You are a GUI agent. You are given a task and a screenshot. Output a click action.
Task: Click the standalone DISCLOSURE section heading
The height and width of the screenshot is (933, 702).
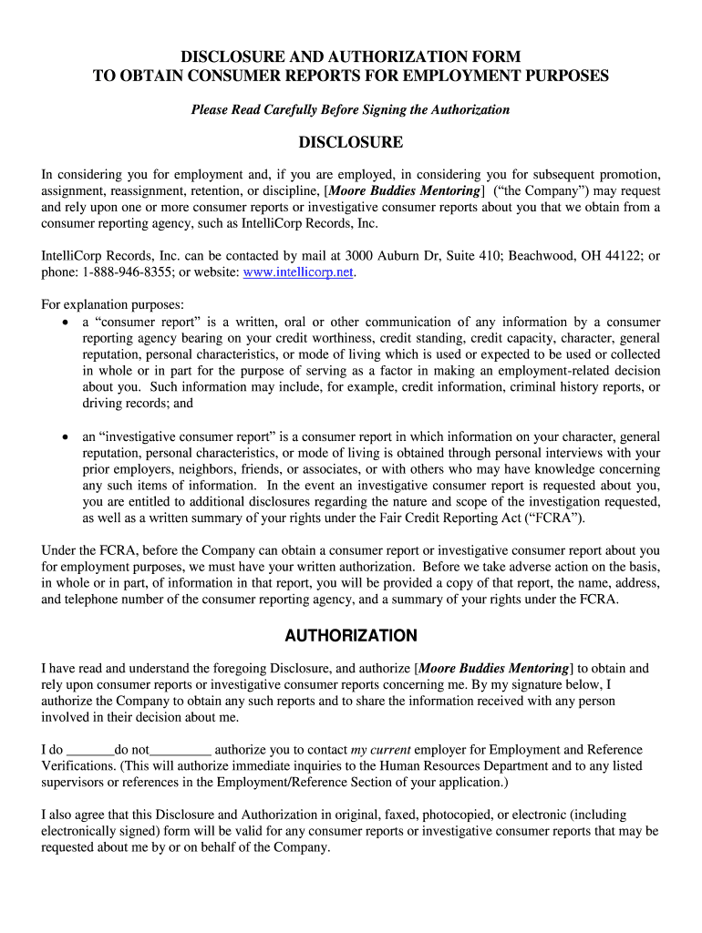[351, 142]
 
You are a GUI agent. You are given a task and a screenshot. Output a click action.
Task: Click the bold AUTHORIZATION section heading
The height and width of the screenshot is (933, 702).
[351, 635]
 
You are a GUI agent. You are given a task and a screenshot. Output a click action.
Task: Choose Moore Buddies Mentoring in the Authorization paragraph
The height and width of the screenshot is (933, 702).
[495, 668]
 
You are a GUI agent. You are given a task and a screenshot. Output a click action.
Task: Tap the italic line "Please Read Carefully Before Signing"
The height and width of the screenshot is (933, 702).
[350, 109]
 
